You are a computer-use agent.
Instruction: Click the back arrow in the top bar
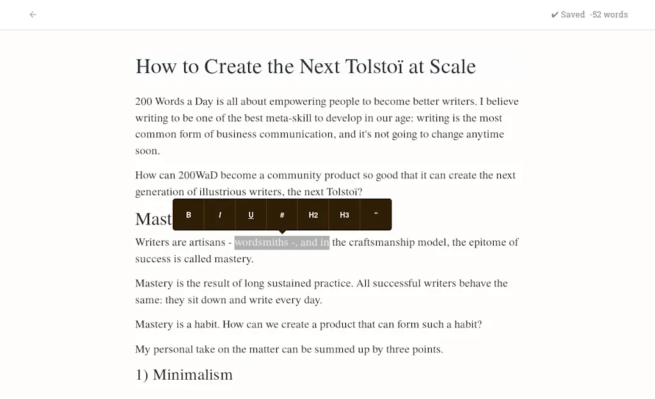33,15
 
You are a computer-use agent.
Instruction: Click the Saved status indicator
568,15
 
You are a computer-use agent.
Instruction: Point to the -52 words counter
609,15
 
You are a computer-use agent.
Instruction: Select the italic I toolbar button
219,215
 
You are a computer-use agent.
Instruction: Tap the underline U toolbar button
251,215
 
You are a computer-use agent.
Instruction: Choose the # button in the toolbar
282,215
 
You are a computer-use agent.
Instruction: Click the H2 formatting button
313,215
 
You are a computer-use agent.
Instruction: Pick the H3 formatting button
344,215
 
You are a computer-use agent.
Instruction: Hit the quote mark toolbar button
376,215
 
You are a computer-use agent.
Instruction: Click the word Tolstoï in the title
374,66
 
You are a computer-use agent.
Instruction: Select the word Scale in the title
452,66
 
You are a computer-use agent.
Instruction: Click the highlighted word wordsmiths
261,242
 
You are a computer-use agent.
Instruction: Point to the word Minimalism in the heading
193,375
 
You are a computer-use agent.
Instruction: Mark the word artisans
207,242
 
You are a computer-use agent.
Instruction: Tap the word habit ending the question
463,324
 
